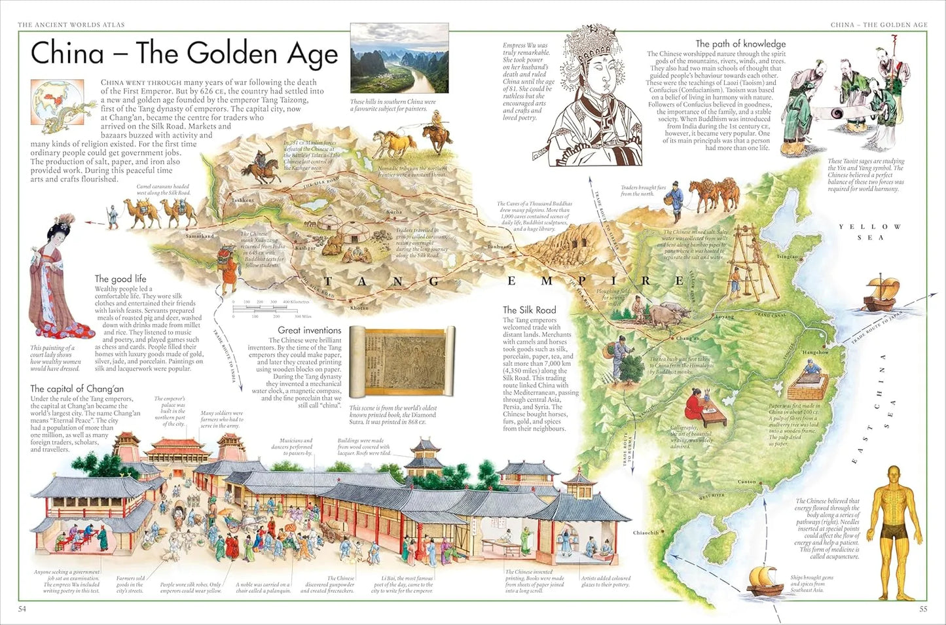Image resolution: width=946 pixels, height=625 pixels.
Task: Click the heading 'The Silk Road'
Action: pyautogui.click(x=529, y=310)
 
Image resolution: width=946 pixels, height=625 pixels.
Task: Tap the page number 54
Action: pyautogui.click(x=22, y=609)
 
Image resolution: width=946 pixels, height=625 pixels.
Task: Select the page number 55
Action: pyautogui.click(x=923, y=609)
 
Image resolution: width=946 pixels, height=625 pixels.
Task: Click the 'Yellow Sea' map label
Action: pyautogui.click(x=870, y=232)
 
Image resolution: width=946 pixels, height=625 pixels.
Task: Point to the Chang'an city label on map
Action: pyautogui.click(x=687, y=338)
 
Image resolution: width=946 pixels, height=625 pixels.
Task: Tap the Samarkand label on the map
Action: pyautogui.click(x=200, y=236)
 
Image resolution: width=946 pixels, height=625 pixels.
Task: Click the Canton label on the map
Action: pyautogui.click(x=746, y=482)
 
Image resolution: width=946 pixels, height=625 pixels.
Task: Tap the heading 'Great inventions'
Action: pyautogui.click(x=309, y=330)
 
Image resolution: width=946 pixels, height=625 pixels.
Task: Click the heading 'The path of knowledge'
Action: pyautogui.click(x=740, y=44)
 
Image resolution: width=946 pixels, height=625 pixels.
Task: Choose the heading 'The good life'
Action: pyautogui.click(x=120, y=279)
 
